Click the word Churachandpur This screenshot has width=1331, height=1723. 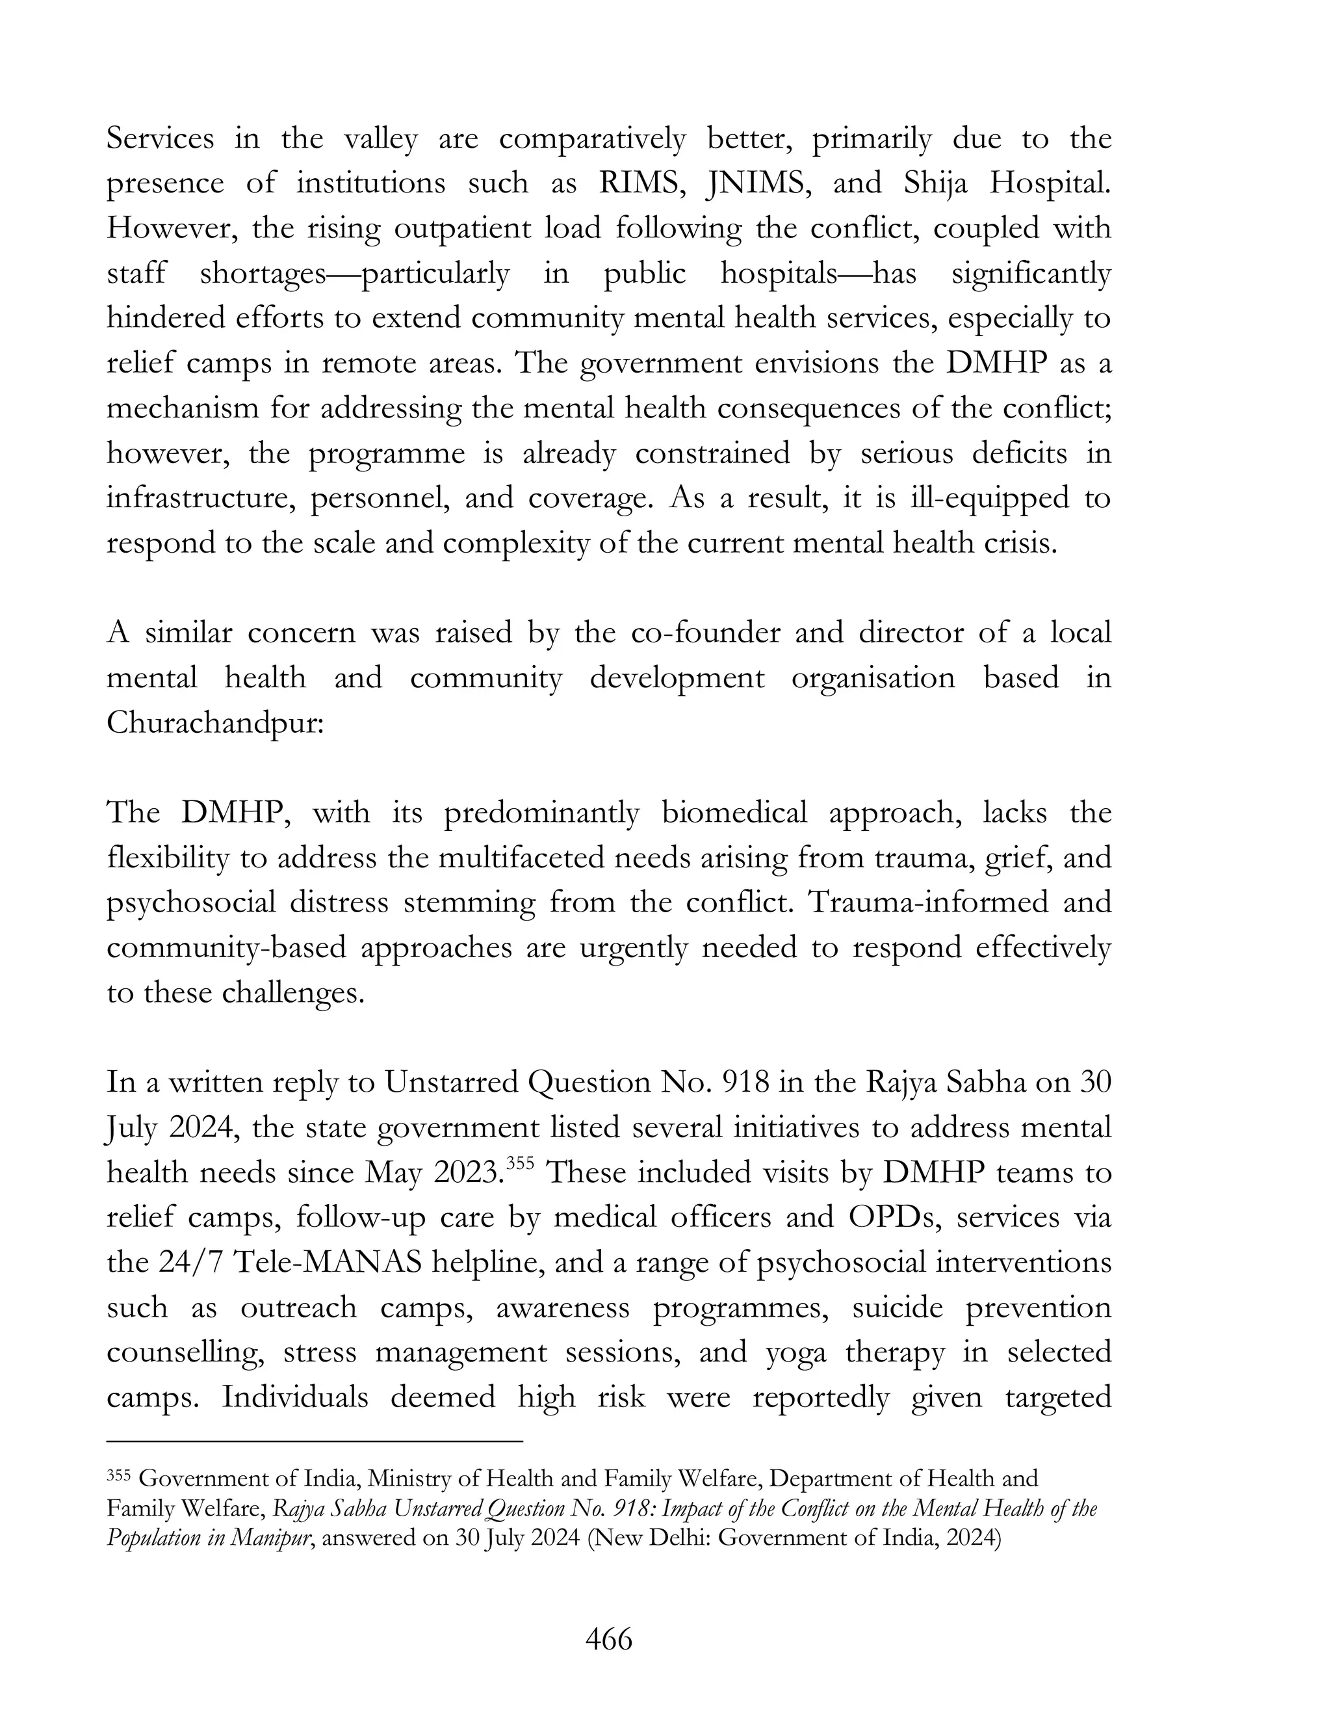click(214, 722)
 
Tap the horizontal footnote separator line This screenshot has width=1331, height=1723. click(315, 1442)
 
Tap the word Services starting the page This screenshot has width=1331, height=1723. click(160, 139)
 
